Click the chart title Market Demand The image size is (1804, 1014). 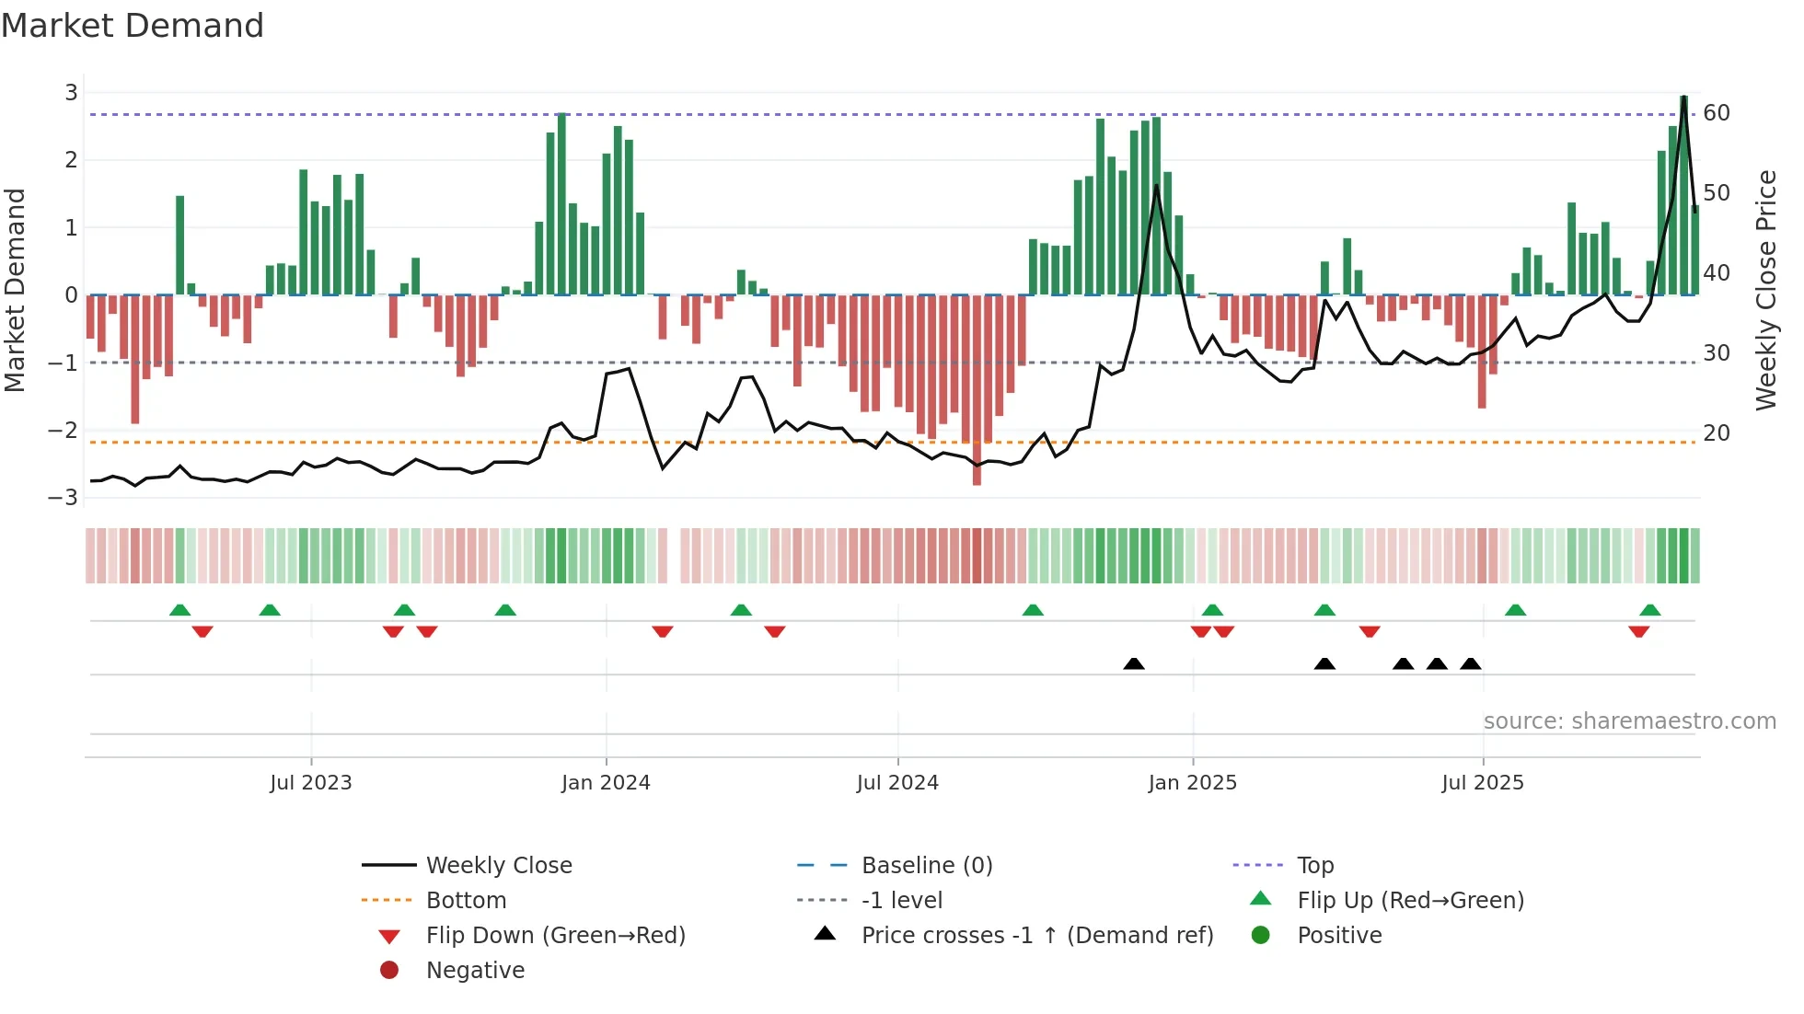tap(133, 26)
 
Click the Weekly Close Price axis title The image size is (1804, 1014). tap(1765, 290)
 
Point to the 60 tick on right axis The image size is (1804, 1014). tap(1717, 113)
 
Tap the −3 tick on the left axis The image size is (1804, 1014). tap(64, 498)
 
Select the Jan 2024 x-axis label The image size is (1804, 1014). tap(606, 783)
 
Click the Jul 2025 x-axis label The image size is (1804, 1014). tap(1483, 783)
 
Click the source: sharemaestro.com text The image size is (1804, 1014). tap(1629, 721)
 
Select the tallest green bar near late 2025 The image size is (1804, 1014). tap(1683, 193)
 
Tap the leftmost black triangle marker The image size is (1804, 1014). tap(1134, 663)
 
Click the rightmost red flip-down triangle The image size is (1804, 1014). tap(1638, 632)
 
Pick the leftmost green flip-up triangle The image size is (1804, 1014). tap(180, 610)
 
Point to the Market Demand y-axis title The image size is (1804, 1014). tap(15, 290)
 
